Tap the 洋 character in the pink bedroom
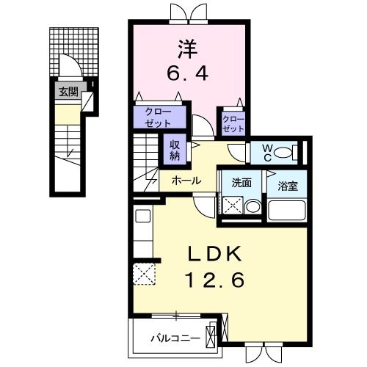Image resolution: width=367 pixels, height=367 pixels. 186,50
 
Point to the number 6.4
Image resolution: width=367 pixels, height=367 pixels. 186,73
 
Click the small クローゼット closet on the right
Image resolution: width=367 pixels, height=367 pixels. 232,123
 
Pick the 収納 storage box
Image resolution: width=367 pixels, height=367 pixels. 175,150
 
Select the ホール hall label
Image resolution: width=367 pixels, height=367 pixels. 186,180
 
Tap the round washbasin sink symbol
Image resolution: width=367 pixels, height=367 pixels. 251,207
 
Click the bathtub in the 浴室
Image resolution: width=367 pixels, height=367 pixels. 286,210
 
